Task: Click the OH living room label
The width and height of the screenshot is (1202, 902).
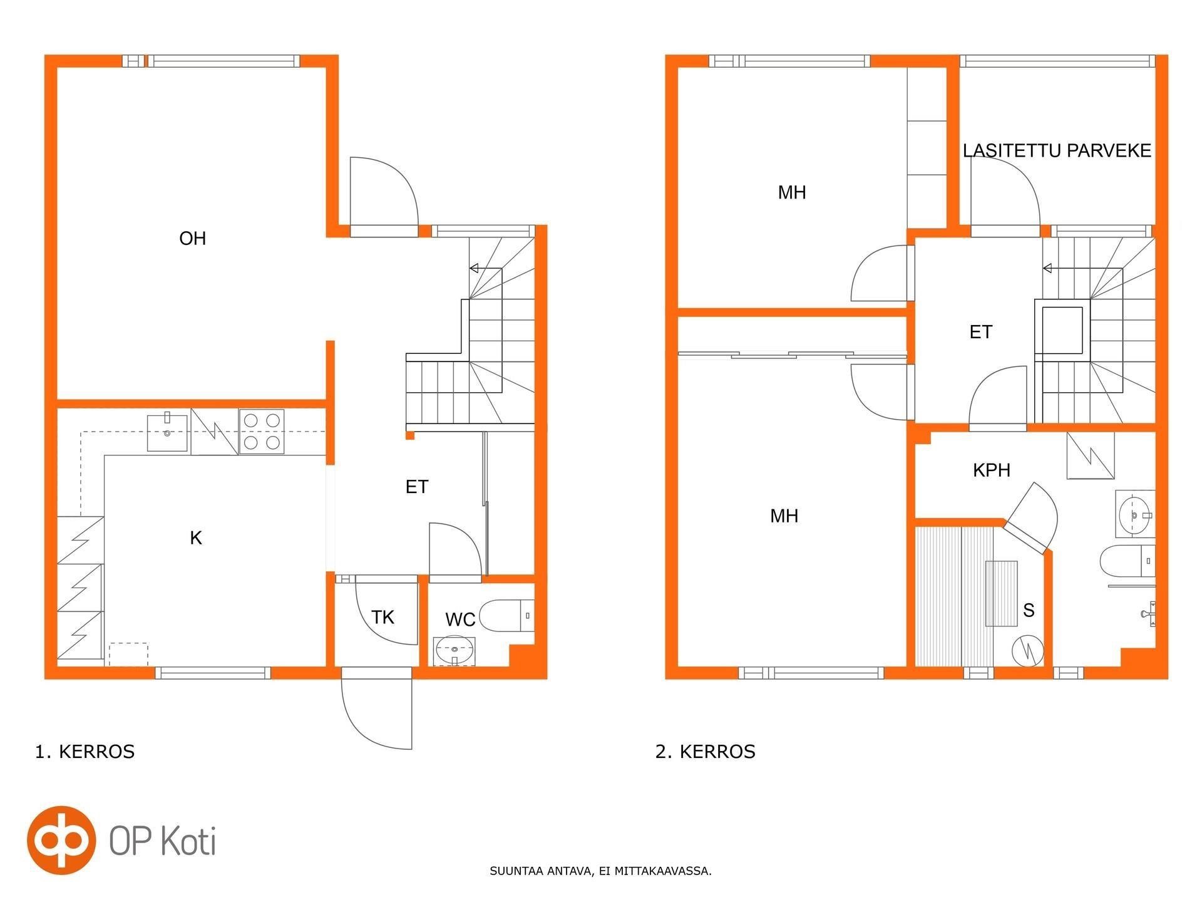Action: [x=192, y=239]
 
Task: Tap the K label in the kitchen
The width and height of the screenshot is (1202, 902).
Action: [x=196, y=538]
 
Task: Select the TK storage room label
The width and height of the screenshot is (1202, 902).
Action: [x=383, y=618]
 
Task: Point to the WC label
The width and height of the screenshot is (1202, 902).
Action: [x=460, y=620]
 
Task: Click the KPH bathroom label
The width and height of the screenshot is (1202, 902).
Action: [x=992, y=470]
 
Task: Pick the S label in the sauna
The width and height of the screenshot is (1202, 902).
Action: [x=1029, y=610]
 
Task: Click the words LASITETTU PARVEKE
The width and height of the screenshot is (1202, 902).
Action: [x=1057, y=151]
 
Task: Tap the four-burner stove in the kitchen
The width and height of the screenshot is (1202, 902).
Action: [x=262, y=432]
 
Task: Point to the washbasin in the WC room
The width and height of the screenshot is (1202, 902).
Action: [x=454, y=650]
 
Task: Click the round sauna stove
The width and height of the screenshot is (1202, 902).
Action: [x=1028, y=651]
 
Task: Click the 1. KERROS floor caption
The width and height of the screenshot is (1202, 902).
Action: [x=85, y=752]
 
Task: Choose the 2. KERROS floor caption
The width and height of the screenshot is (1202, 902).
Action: [x=706, y=752]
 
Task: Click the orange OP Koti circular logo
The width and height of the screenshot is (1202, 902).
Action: [x=61, y=840]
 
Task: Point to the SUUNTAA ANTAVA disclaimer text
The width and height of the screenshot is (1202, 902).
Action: [x=600, y=871]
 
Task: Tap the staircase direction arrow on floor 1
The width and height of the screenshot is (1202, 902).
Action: [x=486, y=268]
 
